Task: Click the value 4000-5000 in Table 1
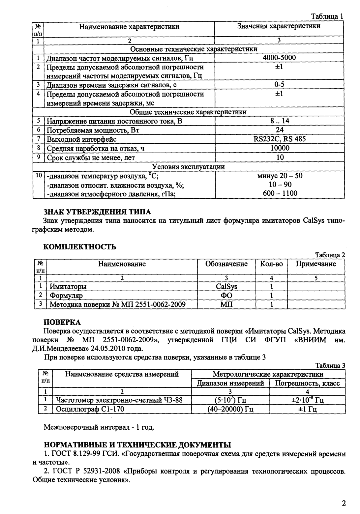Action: (279, 58)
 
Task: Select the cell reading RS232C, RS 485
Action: (279, 139)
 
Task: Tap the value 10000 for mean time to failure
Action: (279, 148)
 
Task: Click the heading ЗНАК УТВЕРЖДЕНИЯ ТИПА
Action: (97, 212)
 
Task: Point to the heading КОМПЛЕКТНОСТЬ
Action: (80, 246)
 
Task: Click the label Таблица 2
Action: (330, 255)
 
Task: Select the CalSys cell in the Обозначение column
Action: (226, 286)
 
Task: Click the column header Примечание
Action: (315, 264)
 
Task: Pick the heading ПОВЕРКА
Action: (62, 322)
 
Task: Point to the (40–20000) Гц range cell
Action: (230, 409)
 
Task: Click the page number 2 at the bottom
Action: (344, 503)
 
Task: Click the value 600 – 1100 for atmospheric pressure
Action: (280, 193)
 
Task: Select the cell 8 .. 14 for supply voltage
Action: (279, 121)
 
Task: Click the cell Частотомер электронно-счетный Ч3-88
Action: (119, 400)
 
